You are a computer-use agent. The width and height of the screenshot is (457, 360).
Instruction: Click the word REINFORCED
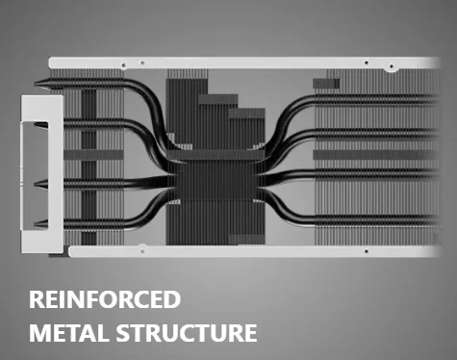(x=105, y=299)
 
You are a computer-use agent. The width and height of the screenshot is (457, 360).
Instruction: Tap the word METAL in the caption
(x=67, y=333)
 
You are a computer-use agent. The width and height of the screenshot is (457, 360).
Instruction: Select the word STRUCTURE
(x=187, y=333)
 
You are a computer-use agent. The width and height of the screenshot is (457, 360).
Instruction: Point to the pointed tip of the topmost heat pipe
(x=35, y=84)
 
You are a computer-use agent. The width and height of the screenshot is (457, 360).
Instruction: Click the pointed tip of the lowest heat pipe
(x=35, y=224)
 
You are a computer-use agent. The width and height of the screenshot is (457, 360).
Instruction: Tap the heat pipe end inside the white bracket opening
(x=41, y=125)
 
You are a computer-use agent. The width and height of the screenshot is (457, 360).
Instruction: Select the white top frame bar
(x=243, y=63)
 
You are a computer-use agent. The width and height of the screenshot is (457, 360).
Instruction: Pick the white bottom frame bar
(x=255, y=251)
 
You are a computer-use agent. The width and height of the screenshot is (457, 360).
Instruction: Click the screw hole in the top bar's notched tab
(x=392, y=66)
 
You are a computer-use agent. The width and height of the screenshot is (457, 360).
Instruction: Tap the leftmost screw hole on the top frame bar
(x=124, y=65)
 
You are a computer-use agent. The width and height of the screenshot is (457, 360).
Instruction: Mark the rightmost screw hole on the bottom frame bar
(x=367, y=251)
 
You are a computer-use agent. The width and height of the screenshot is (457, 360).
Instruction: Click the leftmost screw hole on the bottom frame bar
(x=142, y=251)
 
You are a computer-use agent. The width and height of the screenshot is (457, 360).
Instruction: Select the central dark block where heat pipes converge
(x=216, y=175)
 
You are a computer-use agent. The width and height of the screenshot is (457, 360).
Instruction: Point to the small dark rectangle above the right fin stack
(x=326, y=84)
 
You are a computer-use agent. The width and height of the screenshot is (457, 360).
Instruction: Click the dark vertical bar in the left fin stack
(x=89, y=167)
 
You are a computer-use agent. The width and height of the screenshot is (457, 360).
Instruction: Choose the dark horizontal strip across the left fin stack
(x=93, y=155)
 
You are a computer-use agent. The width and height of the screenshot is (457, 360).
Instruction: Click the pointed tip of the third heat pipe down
(x=35, y=184)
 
